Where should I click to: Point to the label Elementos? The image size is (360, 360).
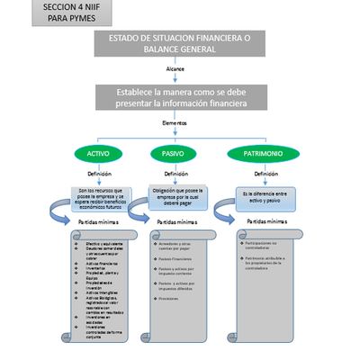tap(175, 122)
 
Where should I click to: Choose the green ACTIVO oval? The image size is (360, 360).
tap(98, 154)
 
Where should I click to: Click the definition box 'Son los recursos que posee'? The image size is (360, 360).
tap(100, 198)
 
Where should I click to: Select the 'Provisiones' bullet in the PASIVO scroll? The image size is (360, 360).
tap(174, 297)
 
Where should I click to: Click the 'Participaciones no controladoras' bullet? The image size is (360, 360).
tap(265, 245)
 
